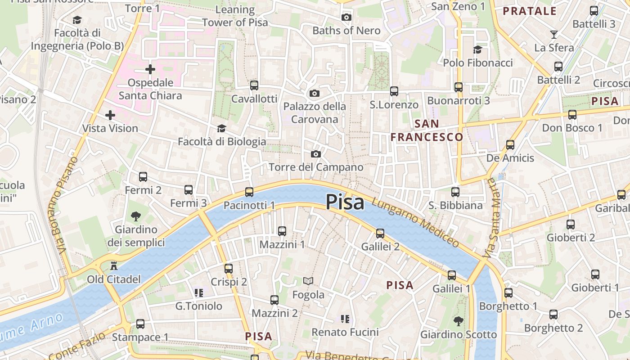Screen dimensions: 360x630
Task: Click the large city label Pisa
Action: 345,202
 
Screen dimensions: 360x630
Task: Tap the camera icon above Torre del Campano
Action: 316,154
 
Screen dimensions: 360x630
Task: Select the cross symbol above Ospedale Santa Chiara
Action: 150,69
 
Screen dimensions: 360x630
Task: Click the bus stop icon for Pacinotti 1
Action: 249,192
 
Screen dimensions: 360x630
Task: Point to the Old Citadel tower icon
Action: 114,266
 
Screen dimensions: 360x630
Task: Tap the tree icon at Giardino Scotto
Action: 459,321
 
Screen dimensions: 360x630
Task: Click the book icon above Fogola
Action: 308,281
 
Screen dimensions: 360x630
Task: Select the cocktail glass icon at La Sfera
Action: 554,34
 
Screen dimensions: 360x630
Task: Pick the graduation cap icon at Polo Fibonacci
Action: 477,49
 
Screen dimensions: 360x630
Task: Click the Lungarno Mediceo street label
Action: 416,222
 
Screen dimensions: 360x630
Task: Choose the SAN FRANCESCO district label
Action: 427,130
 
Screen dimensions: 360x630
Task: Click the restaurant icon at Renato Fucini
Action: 345,319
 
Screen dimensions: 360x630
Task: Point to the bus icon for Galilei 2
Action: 380,233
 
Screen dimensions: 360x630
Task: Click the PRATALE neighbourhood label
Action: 530,11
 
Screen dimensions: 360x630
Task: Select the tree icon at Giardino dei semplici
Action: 136,216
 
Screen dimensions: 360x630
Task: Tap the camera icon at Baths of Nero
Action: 346,17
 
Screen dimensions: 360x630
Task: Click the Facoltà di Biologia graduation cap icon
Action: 221,129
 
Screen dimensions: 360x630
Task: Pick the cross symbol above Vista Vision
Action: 110,115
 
